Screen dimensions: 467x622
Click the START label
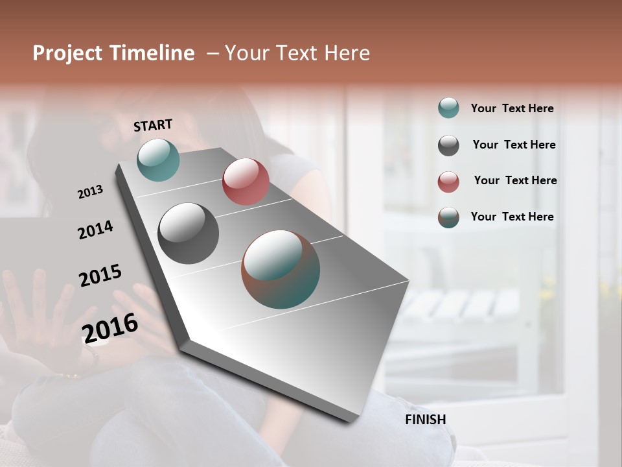click(153, 125)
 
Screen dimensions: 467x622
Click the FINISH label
click(426, 420)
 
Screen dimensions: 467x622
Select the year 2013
click(90, 192)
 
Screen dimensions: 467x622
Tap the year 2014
click(95, 230)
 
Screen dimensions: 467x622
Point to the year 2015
click(100, 276)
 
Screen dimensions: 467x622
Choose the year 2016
click(110, 328)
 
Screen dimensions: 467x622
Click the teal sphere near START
click(158, 160)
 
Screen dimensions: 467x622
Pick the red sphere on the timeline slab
click(246, 182)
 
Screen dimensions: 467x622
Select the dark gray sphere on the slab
click(188, 233)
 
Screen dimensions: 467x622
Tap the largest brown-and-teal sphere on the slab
click(281, 269)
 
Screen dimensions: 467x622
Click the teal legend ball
click(448, 108)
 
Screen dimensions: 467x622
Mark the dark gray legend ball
click(448, 145)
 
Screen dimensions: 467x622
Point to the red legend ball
click(448, 182)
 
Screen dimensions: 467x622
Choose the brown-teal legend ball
click(448, 217)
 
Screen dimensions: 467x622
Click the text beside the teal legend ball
click(512, 108)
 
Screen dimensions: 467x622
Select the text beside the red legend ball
click(515, 180)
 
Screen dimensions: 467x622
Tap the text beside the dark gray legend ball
click(514, 145)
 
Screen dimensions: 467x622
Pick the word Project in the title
click(68, 53)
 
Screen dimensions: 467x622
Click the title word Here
click(347, 53)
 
